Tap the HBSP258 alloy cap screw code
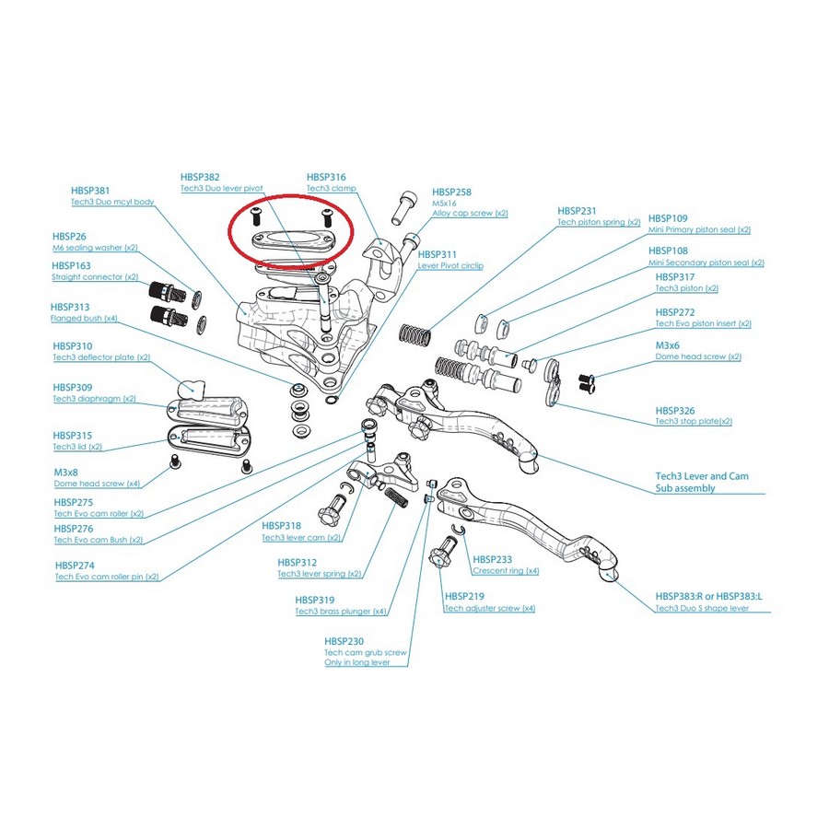(451, 192)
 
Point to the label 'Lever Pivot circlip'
(450, 265)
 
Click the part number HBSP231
(577, 210)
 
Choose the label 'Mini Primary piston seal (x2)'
(699, 229)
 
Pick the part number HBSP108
(668, 251)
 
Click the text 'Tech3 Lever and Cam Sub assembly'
(702, 482)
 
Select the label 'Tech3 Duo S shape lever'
(701, 609)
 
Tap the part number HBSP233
(492, 559)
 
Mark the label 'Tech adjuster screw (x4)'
(489, 608)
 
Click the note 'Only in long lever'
(356, 662)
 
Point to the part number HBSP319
(314, 599)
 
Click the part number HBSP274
(74, 565)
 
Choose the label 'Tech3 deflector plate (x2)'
(101, 356)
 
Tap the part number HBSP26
(68, 236)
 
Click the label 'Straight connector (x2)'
(94, 276)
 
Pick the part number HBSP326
(675, 410)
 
